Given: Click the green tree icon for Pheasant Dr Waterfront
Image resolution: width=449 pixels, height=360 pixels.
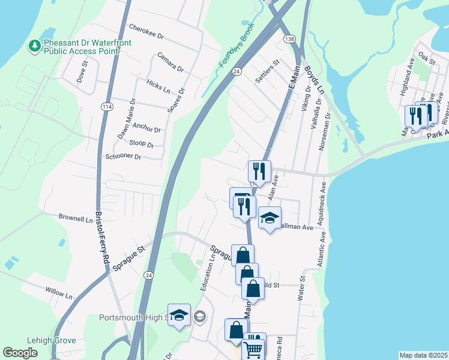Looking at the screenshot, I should point(35,45).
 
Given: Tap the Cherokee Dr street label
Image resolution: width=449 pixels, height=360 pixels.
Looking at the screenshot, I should point(146,32).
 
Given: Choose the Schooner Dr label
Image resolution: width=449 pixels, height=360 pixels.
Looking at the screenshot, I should point(122,157).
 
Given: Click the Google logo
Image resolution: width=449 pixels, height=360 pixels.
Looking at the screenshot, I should point(20,353).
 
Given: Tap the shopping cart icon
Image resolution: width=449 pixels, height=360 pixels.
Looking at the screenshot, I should point(253,349).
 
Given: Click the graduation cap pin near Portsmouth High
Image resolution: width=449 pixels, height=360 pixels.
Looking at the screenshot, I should point(179,316).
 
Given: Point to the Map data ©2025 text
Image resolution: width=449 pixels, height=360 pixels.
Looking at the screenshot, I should point(423,355).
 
